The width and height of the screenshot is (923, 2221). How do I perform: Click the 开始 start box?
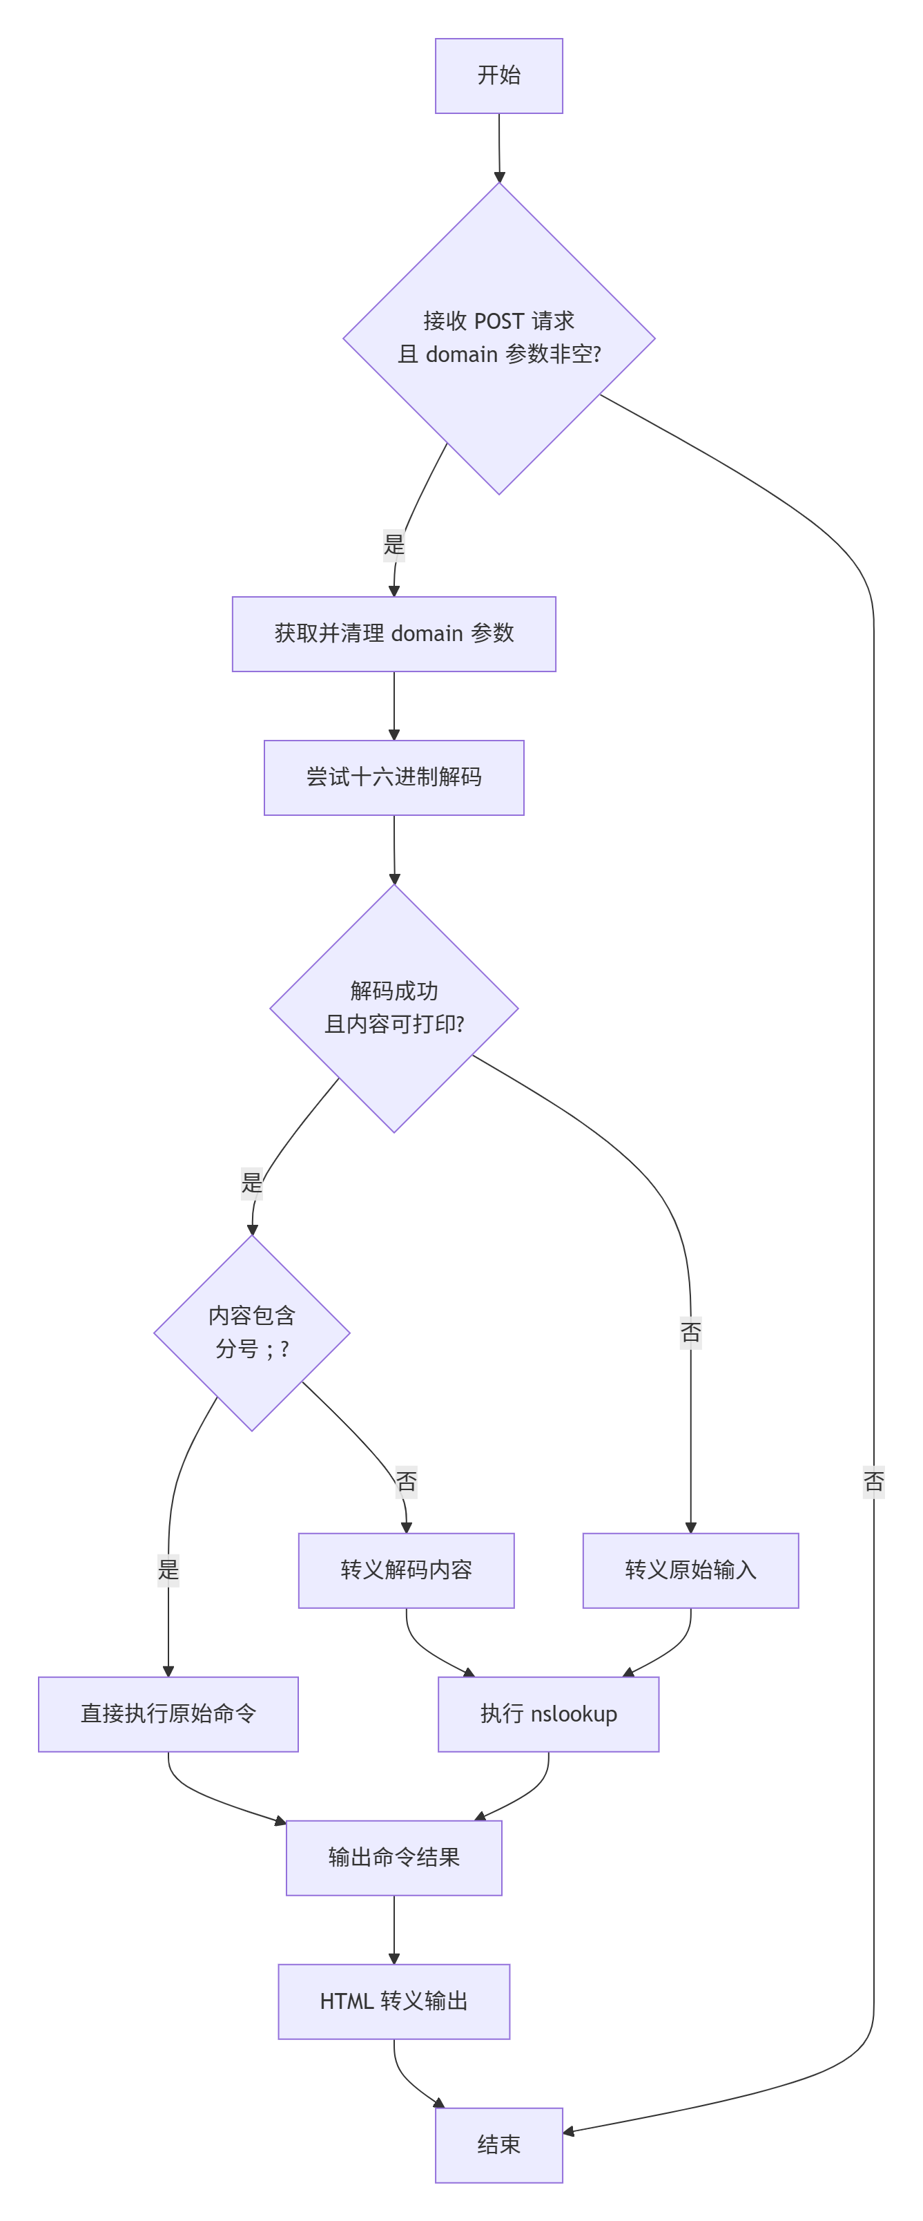click(498, 76)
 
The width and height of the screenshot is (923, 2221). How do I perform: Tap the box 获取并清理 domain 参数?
click(394, 633)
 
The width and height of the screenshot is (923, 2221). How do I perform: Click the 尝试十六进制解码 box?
click(394, 778)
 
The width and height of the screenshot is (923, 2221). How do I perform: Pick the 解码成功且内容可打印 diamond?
click(394, 1009)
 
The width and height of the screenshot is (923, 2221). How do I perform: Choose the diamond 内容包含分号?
click(252, 1333)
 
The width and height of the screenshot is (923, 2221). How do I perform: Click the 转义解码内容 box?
click(406, 1570)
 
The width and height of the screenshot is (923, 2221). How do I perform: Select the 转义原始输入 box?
click(690, 1570)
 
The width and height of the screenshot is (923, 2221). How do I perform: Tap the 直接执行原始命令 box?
click(168, 1714)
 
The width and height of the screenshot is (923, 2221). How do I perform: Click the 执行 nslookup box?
click(548, 1714)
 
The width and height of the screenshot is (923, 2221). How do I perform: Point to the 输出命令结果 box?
click(394, 1858)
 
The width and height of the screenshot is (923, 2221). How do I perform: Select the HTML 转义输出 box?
click(394, 2001)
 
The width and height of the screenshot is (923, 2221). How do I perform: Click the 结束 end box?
click(498, 2145)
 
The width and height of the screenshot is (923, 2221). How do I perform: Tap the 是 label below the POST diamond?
click(394, 545)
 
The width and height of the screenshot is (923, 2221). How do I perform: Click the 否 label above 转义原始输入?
click(690, 1333)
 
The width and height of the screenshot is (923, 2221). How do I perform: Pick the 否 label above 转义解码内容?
click(406, 1481)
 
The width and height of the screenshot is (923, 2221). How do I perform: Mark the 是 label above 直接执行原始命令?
click(168, 1569)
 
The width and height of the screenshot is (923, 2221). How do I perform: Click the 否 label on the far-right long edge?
click(873, 1481)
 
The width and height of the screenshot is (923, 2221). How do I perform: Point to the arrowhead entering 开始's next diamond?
click(499, 177)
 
